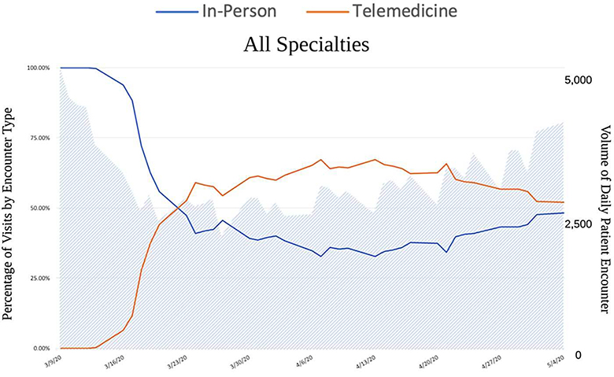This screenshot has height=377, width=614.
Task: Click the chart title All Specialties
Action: tap(306, 44)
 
